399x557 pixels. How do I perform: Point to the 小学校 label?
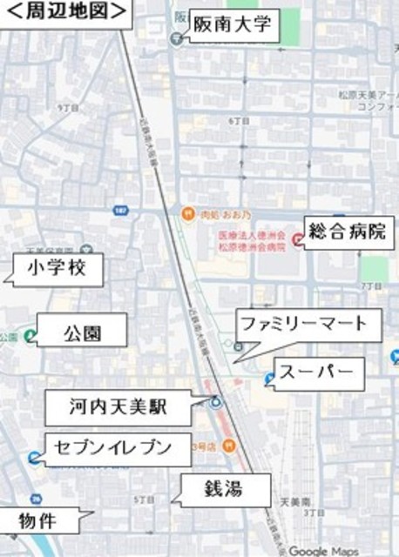[x=57, y=269]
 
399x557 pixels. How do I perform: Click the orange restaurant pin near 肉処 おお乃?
[x=186, y=215]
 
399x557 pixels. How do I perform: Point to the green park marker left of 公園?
[x=30, y=335]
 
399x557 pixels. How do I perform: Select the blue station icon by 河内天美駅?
[x=214, y=402]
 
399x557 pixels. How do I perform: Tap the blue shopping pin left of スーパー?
[x=270, y=379]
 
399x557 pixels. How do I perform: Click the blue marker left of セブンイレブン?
[x=33, y=458]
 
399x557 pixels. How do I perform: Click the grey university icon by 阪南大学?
[x=177, y=38]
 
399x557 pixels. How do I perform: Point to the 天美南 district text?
[x=295, y=502]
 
